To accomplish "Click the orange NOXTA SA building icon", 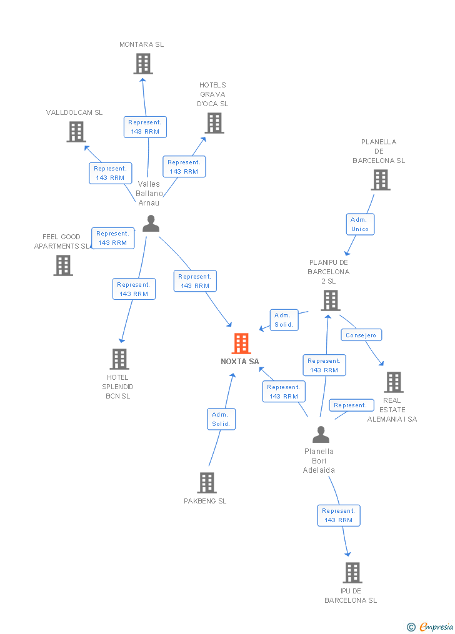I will (241, 344).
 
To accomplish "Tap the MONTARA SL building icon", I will (143, 64).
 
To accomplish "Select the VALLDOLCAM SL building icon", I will (76, 132).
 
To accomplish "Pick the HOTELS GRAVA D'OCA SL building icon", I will (214, 123).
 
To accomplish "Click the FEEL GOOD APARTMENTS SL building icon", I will (63, 265).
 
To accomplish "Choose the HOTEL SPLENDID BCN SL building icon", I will (119, 359).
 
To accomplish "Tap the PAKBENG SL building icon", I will (207, 483).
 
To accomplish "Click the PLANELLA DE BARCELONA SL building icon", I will (380, 180).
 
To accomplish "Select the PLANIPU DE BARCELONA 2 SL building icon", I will (330, 300).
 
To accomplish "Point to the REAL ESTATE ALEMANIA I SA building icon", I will (393, 382).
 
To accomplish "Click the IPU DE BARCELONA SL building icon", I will (352, 573).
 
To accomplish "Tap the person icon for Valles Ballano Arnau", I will (151, 224).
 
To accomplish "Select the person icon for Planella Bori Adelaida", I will (321, 435).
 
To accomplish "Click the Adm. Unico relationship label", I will (360, 224).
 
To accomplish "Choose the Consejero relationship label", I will (361, 335).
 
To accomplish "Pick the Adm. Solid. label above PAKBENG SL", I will (221, 419).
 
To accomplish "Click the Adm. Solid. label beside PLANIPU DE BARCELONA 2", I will (283, 320).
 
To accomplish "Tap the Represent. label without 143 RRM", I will (350, 405).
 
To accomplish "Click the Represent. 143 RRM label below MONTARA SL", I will (145, 127).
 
